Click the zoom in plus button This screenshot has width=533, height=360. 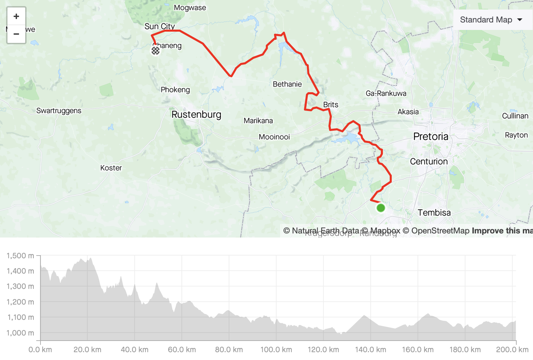pos(16,16)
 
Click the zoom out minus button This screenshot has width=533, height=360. pos(16,34)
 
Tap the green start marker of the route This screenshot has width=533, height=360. pos(381,208)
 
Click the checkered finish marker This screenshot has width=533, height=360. pos(156,51)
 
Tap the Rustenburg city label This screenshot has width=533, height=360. pos(196,115)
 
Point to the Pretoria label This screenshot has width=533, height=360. pos(431,136)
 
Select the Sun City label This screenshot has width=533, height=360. pos(160,26)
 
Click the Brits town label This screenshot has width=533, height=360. pos(330,104)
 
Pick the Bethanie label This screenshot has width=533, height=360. pos(287,84)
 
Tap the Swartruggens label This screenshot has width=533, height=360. pos(59,111)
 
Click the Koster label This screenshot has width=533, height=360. pos(111,168)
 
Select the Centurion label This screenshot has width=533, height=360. pos(429,161)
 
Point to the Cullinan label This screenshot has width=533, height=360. pos(515,116)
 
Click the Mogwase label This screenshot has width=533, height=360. pos(190,7)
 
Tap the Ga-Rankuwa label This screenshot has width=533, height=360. pos(386,93)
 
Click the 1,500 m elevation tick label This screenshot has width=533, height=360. pos(20,256)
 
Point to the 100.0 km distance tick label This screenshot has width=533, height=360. pos(276,349)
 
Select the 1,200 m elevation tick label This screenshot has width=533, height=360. pos(20,302)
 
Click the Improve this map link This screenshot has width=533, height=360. pos(502,231)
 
